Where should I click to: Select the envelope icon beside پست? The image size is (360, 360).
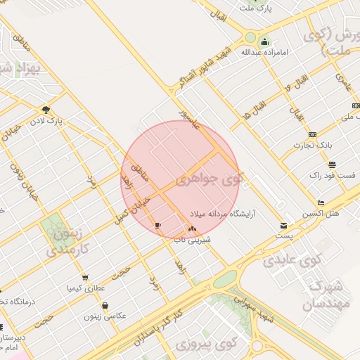point(283,226)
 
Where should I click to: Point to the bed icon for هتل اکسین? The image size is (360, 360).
point(321,202)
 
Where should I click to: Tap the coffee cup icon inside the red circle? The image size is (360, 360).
point(157,225)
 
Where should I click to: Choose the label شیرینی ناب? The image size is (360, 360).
point(193,239)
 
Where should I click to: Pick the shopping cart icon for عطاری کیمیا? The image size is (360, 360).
point(85,278)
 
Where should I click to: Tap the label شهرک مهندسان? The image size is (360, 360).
point(325,295)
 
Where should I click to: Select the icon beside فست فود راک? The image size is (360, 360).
point(331,164)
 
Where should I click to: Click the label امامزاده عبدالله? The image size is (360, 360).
point(261,52)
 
